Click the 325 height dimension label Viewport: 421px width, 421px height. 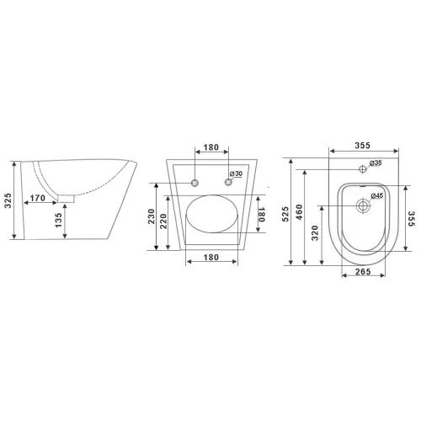pos(8,200)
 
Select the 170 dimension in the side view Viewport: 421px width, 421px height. pos(38,198)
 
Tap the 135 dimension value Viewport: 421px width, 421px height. pos(58,220)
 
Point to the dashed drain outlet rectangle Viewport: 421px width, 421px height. pos(66,199)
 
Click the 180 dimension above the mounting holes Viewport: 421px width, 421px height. pos(210,147)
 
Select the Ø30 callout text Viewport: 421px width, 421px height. pos(236,173)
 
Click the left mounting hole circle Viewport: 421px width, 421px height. pos(195,183)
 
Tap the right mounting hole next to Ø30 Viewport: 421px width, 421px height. pos(228,182)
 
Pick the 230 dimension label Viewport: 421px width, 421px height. pos(152,216)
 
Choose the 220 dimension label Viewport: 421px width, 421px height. pos(163,221)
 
